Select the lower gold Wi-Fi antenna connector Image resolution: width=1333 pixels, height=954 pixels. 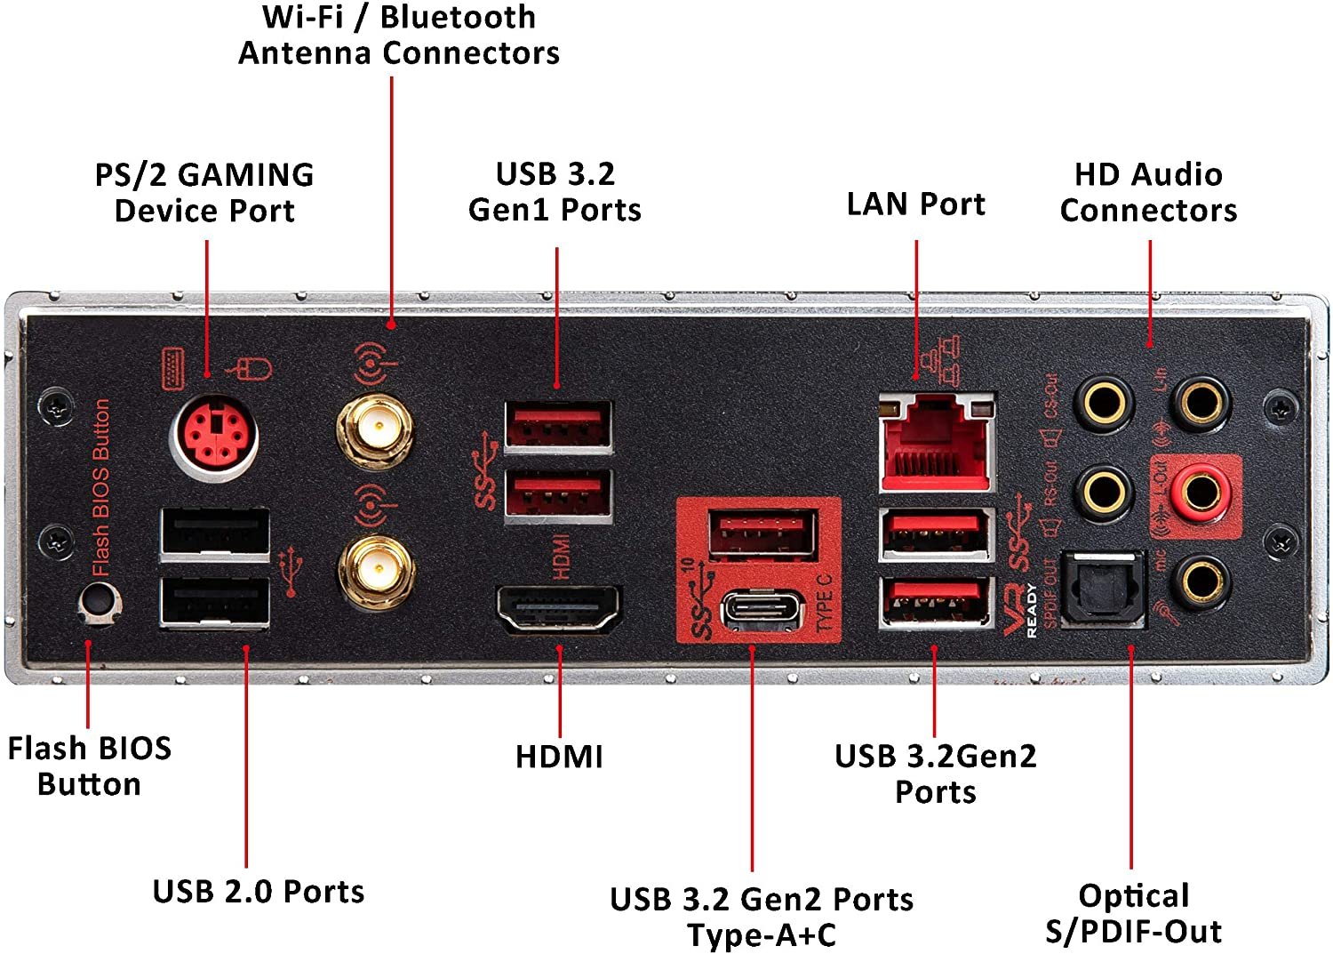click(x=377, y=570)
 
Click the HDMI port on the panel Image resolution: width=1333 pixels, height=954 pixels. click(x=558, y=609)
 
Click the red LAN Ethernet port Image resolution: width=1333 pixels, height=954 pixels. click(x=935, y=443)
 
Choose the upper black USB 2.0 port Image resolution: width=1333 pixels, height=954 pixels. click(x=215, y=533)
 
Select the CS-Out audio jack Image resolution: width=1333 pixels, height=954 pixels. click(x=1103, y=402)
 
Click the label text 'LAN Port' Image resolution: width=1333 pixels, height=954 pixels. click(x=915, y=204)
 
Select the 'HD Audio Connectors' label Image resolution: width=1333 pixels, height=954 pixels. click(x=1148, y=192)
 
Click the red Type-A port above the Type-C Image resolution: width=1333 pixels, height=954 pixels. click(x=762, y=534)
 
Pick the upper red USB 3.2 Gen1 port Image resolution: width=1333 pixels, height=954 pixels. click(x=558, y=424)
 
